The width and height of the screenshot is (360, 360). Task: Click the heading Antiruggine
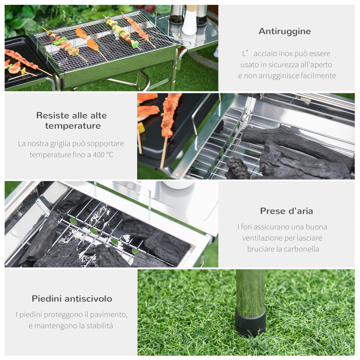point(284,31)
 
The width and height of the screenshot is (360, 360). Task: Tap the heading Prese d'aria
point(286,211)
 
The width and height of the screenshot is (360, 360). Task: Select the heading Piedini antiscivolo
point(72,298)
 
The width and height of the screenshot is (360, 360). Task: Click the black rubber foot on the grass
point(250,323)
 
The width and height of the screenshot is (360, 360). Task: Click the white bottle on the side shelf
point(189,22)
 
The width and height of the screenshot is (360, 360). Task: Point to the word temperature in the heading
point(72,126)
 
